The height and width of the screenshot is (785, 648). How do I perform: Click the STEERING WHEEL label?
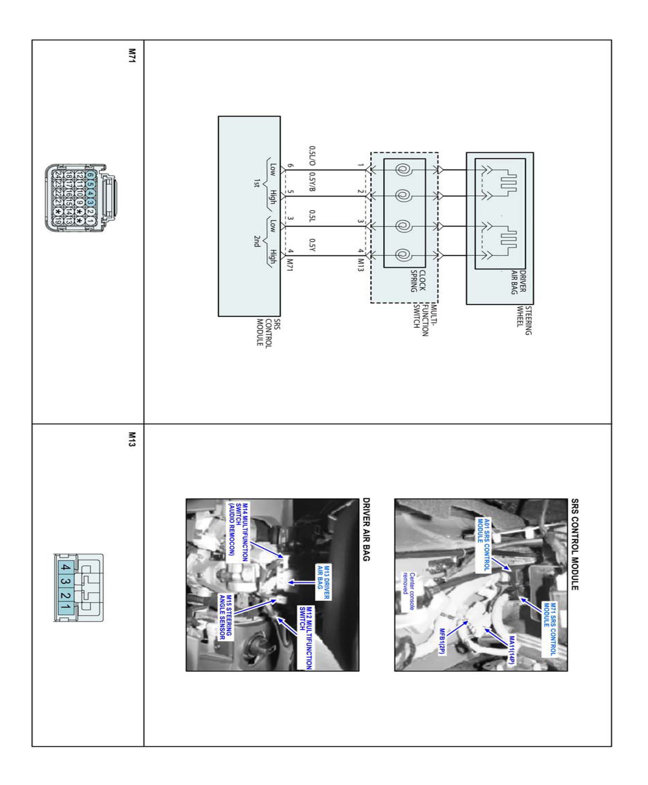tap(524, 320)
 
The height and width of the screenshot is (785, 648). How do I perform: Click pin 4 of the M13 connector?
tap(65, 568)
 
